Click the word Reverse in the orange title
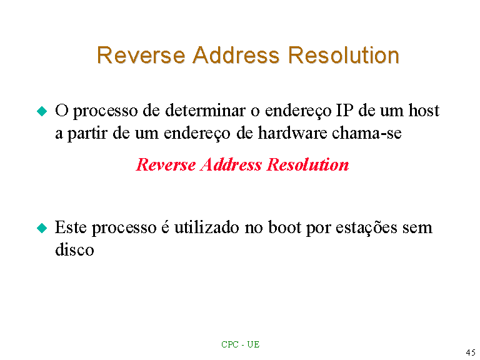(x=141, y=56)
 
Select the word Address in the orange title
(x=236, y=56)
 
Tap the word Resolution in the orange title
(x=344, y=56)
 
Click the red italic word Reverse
(x=166, y=165)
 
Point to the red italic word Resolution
(x=308, y=165)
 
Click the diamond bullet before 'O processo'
(x=42, y=111)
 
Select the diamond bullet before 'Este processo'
(x=42, y=228)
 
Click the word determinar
(x=205, y=111)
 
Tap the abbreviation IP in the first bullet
(x=344, y=111)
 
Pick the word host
(x=424, y=111)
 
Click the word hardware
(x=292, y=133)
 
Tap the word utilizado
(x=207, y=227)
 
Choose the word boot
(x=285, y=227)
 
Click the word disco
(x=74, y=249)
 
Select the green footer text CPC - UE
(x=240, y=345)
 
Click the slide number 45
(x=471, y=352)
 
